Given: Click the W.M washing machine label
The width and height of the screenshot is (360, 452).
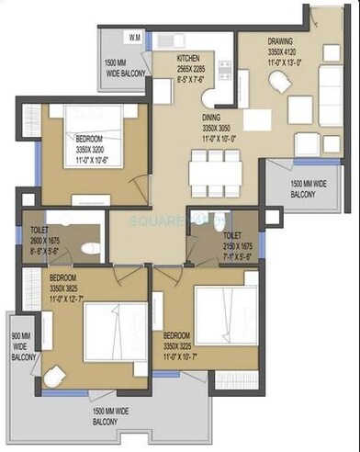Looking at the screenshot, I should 135,38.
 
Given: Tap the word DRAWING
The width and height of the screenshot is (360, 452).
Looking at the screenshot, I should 281,41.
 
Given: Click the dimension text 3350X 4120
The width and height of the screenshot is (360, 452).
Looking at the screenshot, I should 281,53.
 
